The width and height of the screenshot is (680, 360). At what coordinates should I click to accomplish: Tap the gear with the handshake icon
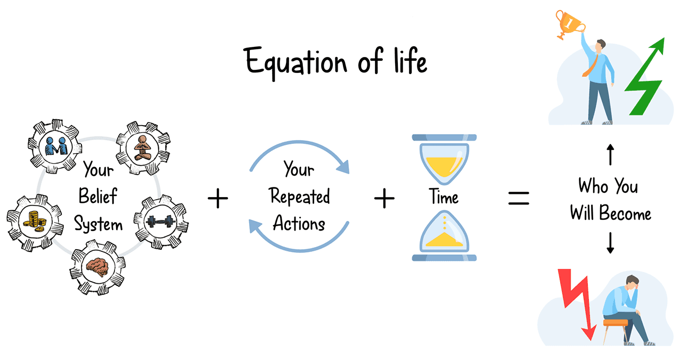click(55, 145)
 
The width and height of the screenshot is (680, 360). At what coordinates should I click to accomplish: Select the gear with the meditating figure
click(142, 147)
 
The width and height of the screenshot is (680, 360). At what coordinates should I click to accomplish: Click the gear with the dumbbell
click(160, 219)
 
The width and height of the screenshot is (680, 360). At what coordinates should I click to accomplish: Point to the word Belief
click(97, 197)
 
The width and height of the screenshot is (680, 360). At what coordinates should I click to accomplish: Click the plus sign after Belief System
click(217, 200)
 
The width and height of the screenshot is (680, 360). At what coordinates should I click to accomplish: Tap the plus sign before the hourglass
click(384, 199)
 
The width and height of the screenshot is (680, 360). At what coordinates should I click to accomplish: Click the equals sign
click(518, 199)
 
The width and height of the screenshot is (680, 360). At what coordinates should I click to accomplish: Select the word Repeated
click(299, 197)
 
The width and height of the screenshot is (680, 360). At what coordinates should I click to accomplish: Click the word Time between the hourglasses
click(444, 198)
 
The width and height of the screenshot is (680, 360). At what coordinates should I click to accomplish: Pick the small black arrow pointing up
click(610, 156)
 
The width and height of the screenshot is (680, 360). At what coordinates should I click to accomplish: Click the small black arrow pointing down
click(610, 243)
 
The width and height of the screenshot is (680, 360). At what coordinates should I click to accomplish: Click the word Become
click(625, 214)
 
